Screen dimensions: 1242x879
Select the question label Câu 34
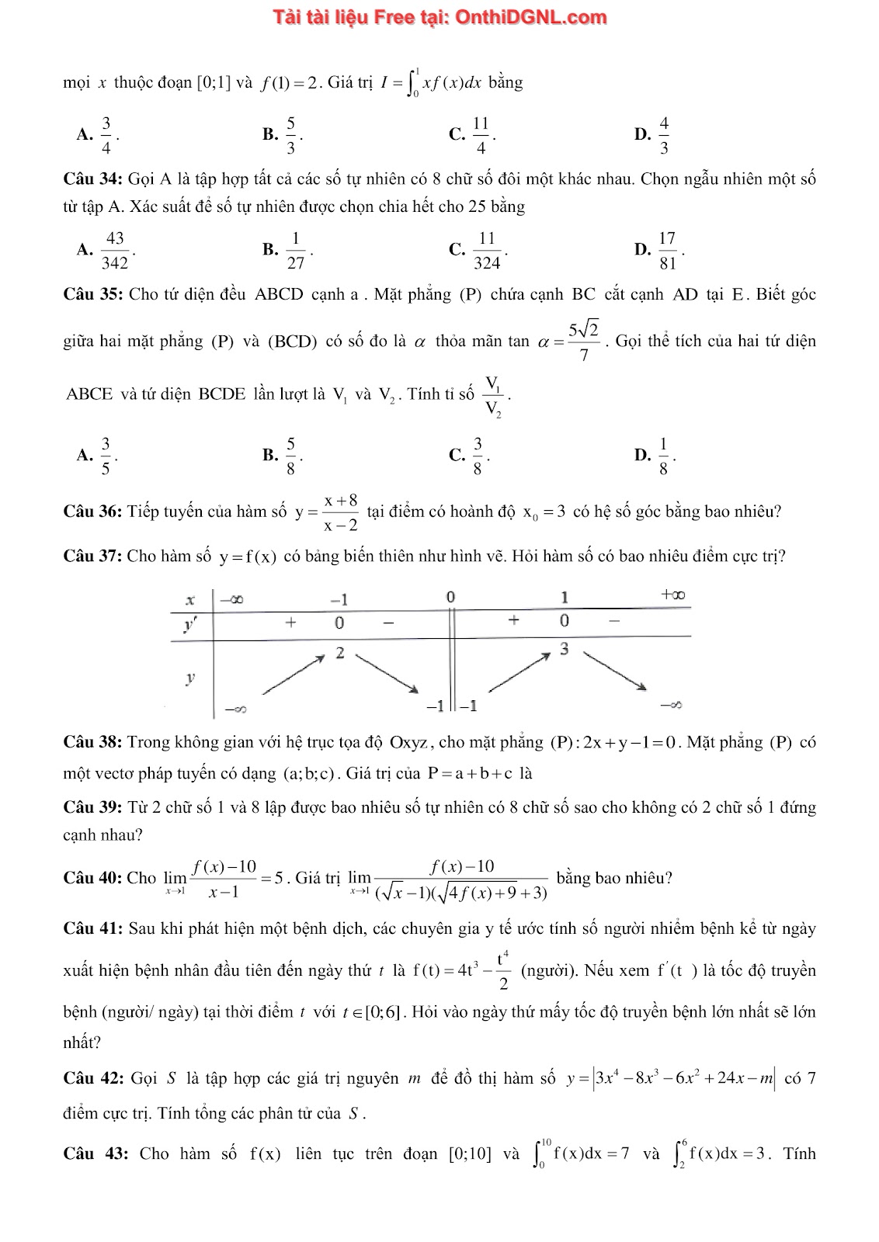92,179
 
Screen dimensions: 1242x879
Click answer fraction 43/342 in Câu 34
115,250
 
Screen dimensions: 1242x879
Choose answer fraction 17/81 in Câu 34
667,250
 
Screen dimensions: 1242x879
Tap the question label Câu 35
92,294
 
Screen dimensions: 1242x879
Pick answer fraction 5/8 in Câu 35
290,456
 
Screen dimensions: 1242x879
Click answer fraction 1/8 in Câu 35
663,456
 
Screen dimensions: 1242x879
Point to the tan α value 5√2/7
583,342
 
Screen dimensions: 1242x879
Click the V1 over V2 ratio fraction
493,396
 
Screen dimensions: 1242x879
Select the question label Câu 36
92,512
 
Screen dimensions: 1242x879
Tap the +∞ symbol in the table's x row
672,595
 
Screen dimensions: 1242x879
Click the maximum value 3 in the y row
565,649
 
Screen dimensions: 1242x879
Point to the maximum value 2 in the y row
339,653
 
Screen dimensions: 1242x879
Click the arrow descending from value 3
614,670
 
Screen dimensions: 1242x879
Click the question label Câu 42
92,1078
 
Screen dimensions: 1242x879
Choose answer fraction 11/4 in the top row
481,135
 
